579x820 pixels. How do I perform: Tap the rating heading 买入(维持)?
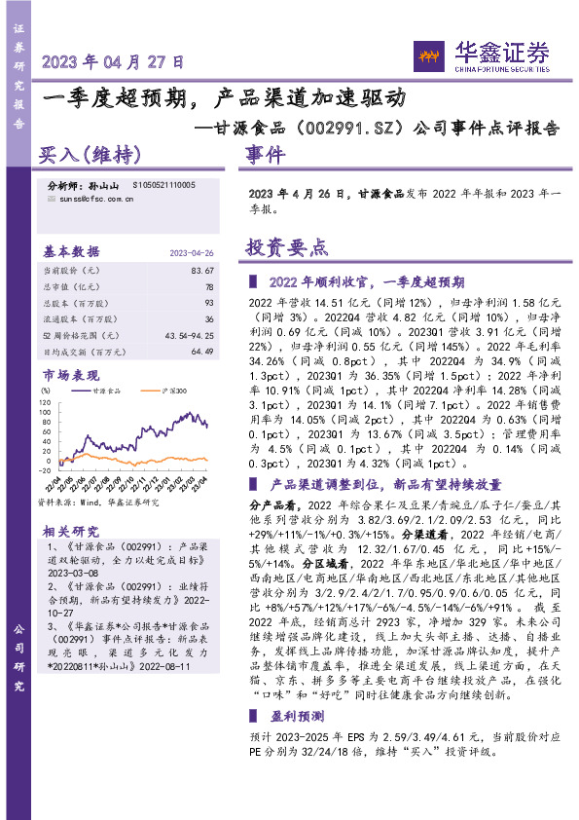pos(90,154)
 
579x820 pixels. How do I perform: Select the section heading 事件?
pos(265,154)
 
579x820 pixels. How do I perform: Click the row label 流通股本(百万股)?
pos(82,318)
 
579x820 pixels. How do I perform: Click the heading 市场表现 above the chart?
pos(71,375)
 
